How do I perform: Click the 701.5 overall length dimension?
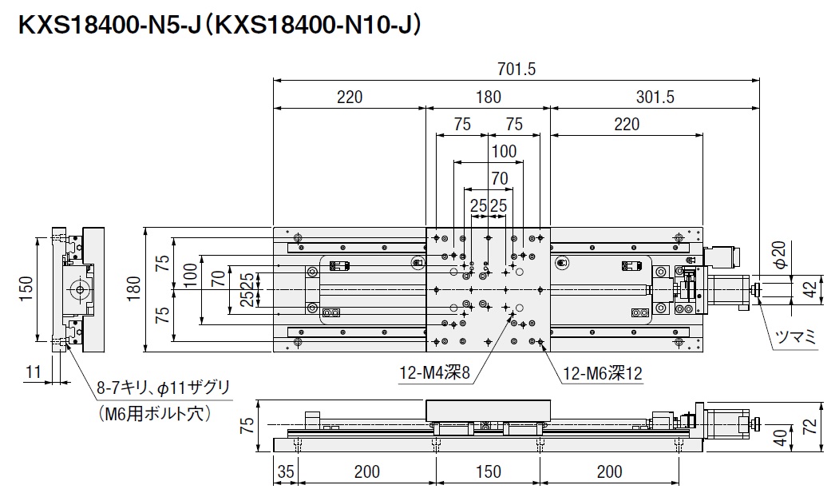(x=516, y=70)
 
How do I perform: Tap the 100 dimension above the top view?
(x=503, y=150)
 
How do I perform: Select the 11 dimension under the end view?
(x=33, y=371)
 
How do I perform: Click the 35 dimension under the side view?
(x=286, y=471)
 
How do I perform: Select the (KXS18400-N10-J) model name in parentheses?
(x=319, y=26)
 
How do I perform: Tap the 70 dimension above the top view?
(x=500, y=177)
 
